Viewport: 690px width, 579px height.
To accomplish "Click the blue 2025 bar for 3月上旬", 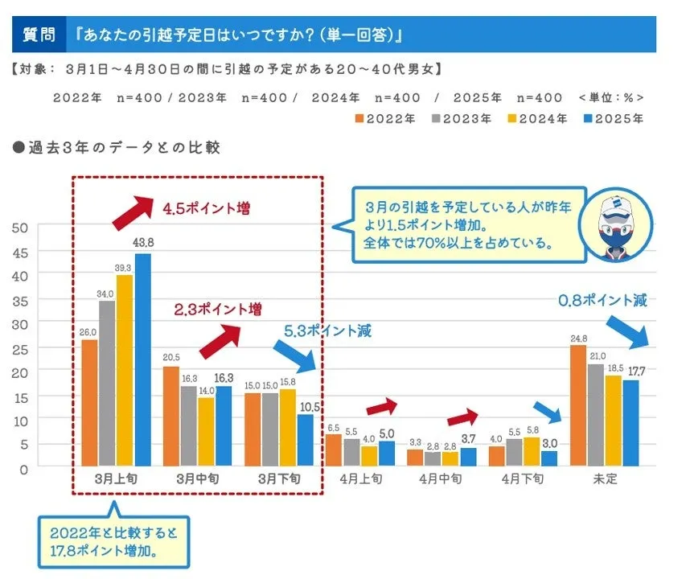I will click(x=142, y=359).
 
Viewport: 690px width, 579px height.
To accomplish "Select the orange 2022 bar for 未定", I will click(x=577, y=405).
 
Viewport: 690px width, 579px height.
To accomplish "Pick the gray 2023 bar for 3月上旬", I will click(x=107, y=383).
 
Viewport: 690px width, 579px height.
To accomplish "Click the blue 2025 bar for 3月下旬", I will click(x=305, y=440).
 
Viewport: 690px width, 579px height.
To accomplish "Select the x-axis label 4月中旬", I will click(x=440, y=478).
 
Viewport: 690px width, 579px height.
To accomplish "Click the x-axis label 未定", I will click(x=605, y=478).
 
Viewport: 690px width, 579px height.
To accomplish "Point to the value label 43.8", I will click(x=144, y=243).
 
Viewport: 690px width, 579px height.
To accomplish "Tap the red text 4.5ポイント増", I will click(x=206, y=209).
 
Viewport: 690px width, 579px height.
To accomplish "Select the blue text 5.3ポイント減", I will click(x=327, y=331).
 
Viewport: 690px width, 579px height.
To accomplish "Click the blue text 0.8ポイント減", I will click(x=603, y=301).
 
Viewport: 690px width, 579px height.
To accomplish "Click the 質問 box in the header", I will click(x=39, y=36).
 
